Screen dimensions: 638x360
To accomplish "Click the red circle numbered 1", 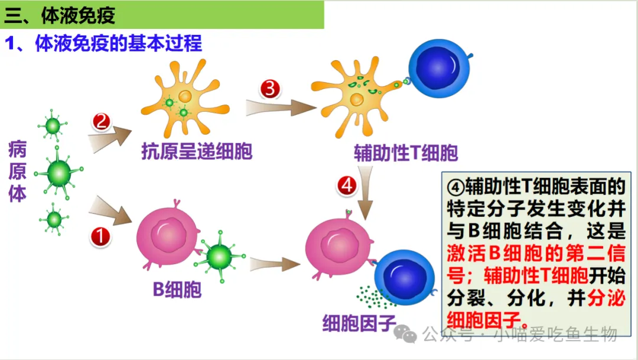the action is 100,237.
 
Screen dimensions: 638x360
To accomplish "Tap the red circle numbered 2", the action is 101,122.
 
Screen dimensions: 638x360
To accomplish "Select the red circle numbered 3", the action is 270,89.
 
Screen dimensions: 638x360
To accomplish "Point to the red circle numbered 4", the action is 347,186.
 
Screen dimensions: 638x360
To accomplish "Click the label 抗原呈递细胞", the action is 197,152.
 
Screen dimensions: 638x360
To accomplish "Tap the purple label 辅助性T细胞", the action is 406,153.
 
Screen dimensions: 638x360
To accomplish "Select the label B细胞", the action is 177,290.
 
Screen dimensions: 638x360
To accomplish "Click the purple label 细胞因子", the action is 359,323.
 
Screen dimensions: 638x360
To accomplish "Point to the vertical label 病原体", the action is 17,172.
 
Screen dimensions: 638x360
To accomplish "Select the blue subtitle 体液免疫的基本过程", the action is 118,44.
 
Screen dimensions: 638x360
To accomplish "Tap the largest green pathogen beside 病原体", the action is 58,173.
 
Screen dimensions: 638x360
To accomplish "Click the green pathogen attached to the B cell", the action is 220,256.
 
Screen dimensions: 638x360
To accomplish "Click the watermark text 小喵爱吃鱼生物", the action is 555,334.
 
